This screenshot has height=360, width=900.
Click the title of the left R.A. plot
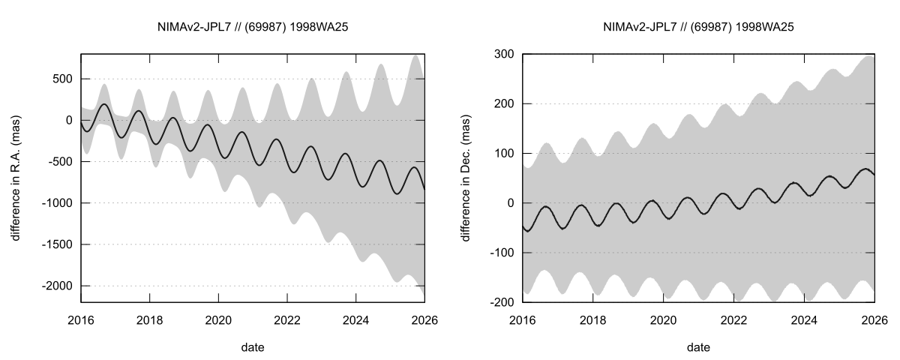click(x=253, y=28)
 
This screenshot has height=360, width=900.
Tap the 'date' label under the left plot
click(x=253, y=347)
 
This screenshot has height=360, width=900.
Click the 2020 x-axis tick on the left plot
click(x=218, y=319)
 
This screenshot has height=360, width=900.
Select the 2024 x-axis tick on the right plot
click(x=804, y=319)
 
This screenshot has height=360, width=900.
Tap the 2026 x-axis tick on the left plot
click(x=424, y=319)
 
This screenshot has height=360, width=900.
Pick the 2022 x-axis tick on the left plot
click(x=287, y=319)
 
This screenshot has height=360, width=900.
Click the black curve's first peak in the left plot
click(x=103, y=104)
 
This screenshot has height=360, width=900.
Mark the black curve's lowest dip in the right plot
click(x=527, y=231)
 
